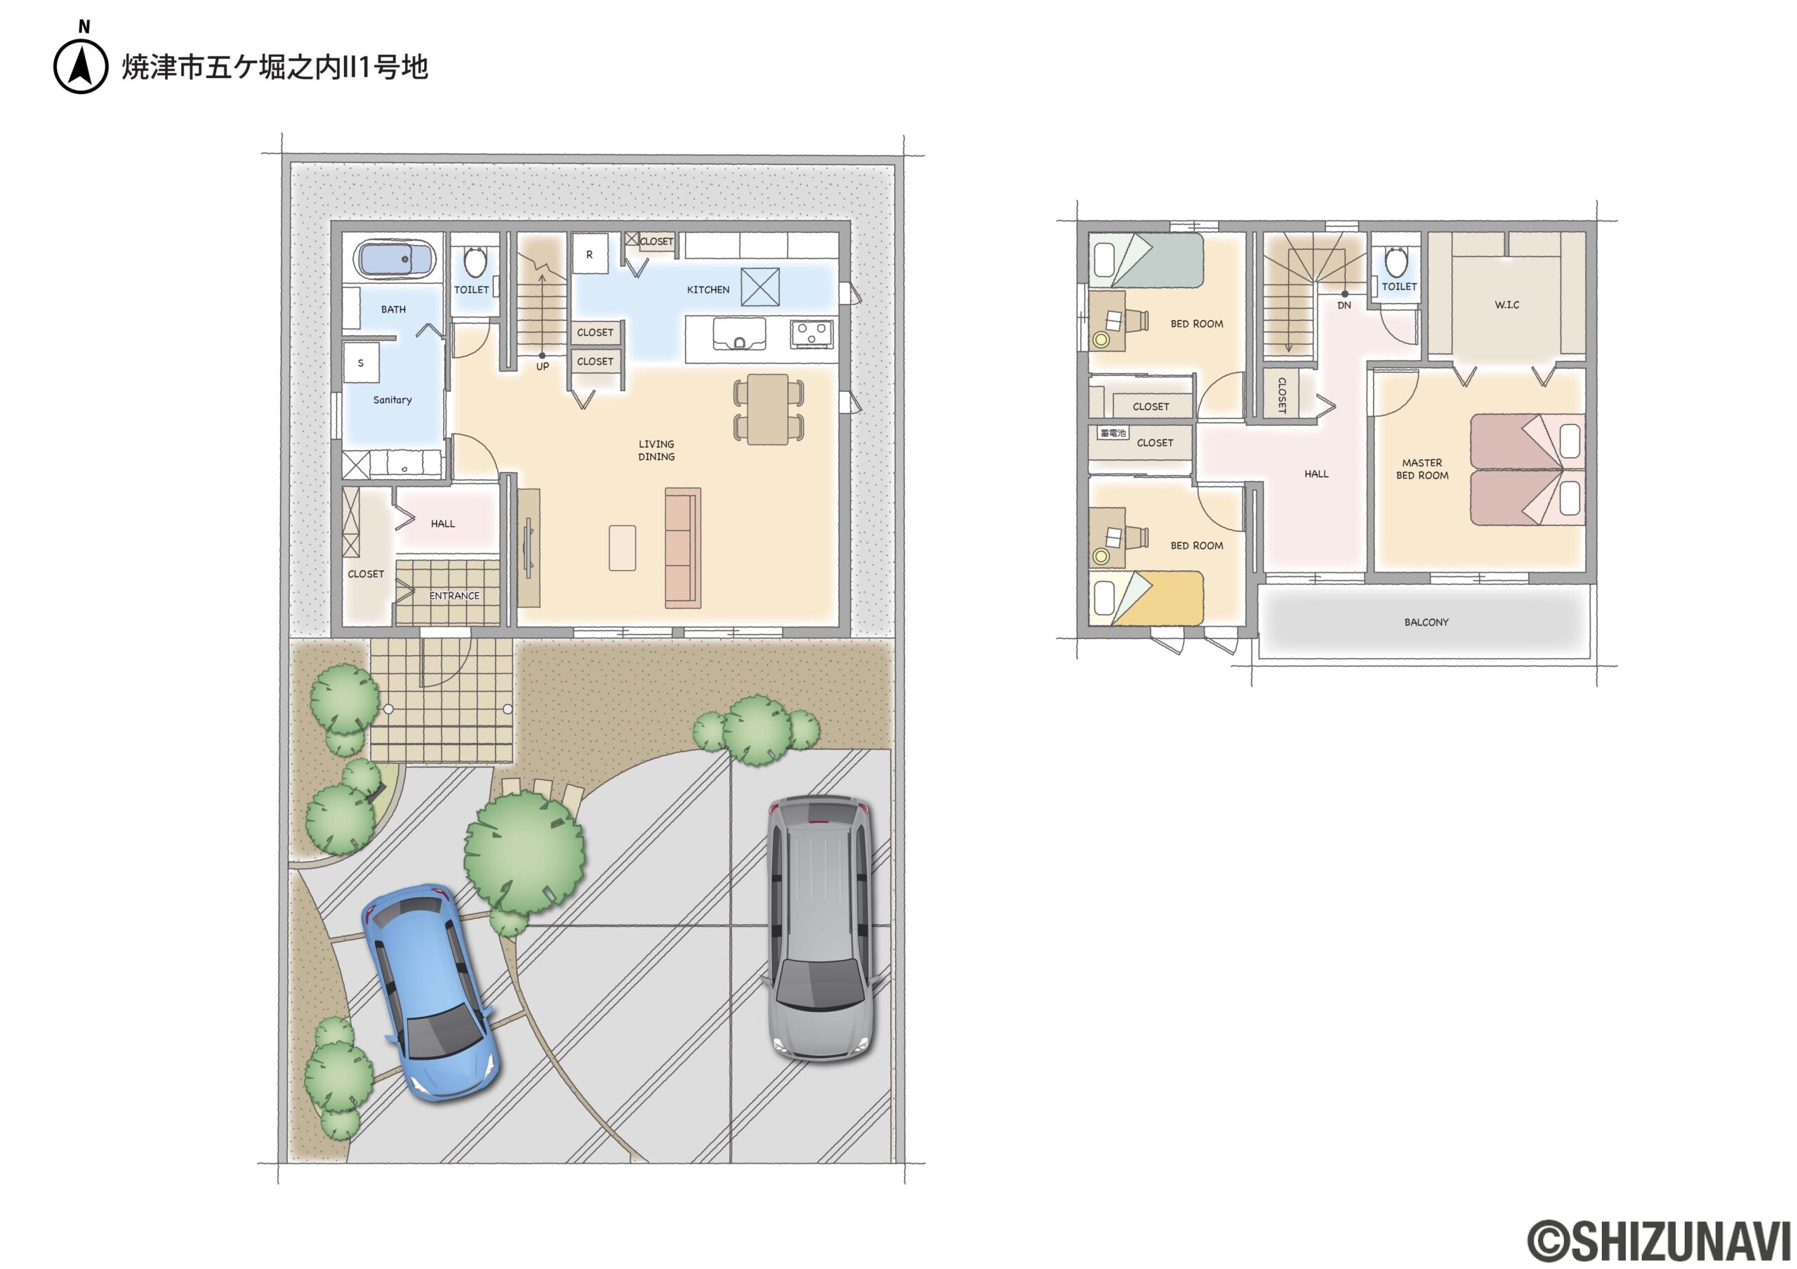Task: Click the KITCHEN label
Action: (x=708, y=289)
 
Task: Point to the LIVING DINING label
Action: (x=656, y=450)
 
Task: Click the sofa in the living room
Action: (x=682, y=547)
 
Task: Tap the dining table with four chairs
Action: (x=768, y=409)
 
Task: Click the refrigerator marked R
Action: (x=590, y=254)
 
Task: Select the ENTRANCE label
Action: (x=454, y=596)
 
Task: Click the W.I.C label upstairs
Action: (x=1506, y=305)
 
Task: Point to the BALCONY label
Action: (x=1426, y=622)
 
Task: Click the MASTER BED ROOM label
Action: (x=1422, y=469)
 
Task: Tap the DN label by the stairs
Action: (x=1344, y=305)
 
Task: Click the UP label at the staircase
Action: (x=543, y=367)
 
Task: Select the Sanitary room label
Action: (x=392, y=400)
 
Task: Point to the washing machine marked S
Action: (x=361, y=362)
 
